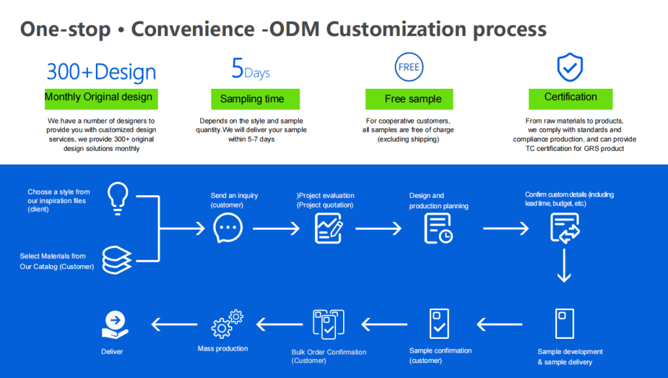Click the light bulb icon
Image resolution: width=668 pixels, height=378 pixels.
[x=118, y=198]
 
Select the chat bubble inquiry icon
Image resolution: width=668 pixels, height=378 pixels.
[x=228, y=228]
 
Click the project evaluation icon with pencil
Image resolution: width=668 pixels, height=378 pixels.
[x=329, y=228]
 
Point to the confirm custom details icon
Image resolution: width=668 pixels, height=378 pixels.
[x=564, y=228]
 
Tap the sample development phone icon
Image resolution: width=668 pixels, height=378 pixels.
[x=564, y=323]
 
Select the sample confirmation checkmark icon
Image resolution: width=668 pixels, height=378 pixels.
[x=439, y=323]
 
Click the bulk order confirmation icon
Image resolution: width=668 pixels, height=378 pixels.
[x=329, y=324]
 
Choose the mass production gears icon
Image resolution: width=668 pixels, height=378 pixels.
[x=228, y=323]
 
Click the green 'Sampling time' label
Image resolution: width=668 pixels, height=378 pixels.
[x=255, y=99]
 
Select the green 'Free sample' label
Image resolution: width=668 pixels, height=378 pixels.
[x=409, y=99]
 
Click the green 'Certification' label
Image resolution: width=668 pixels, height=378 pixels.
[x=570, y=97]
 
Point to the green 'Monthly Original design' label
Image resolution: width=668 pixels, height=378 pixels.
[x=101, y=97]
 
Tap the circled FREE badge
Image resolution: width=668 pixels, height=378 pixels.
[x=409, y=67]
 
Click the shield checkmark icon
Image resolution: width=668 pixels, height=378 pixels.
[x=569, y=67]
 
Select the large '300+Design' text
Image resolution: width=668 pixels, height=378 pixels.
[x=101, y=72]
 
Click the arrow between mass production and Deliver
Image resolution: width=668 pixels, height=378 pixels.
[x=174, y=324]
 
